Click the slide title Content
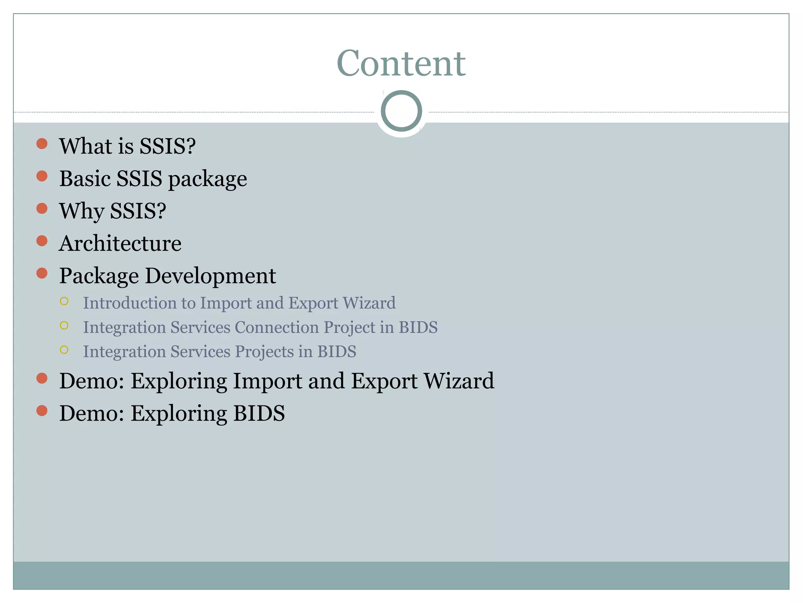click(x=401, y=63)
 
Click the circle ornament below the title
click(x=401, y=111)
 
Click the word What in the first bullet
click(x=85, y=146)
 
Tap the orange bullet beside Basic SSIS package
click(x=42, y=176)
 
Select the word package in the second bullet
click(x=207, y=179)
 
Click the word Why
click(x=81, y=211)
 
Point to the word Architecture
click(x=120, y=243)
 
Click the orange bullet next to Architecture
click(x=42, y=241)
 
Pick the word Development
click(x=211, y=276)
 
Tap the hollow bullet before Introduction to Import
click(x=64, y=301)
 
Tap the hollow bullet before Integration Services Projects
click(x=64, y=350)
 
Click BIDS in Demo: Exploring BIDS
click(x=259, y=413)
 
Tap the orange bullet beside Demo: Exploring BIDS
click(x=42, y=411)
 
